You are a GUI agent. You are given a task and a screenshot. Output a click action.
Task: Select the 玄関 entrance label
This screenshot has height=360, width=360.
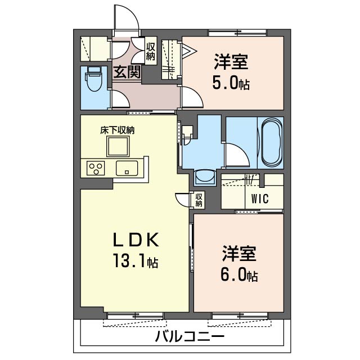127,72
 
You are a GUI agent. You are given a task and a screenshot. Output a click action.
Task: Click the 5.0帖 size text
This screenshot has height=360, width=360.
231,84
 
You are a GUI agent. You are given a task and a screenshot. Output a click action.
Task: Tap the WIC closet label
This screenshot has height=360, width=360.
259,198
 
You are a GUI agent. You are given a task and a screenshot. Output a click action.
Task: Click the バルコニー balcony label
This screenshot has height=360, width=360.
190,337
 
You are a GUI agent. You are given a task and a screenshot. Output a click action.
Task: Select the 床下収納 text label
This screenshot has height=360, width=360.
118,130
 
